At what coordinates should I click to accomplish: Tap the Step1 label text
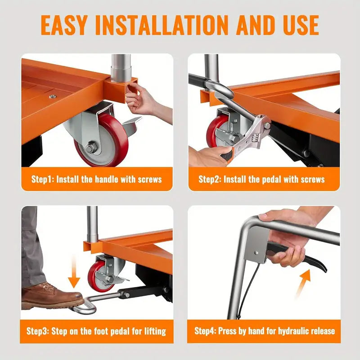(42, 179)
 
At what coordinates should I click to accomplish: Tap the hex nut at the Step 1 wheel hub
(92, 146)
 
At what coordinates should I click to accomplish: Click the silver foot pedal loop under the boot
(85, 307)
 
